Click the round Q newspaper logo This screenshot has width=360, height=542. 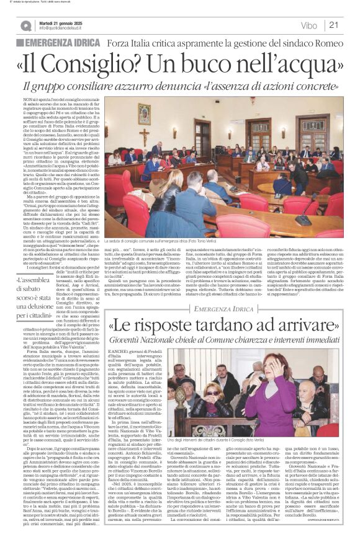click(x=25, y=25)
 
